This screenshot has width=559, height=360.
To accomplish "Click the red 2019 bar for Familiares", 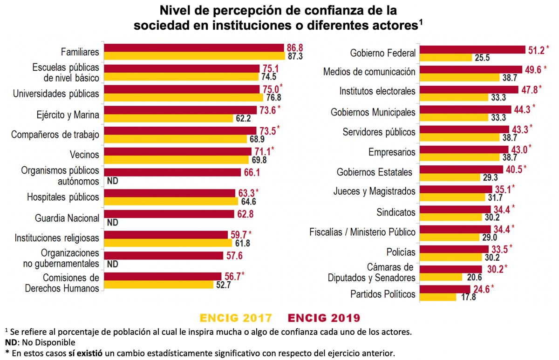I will (x=194, y=48).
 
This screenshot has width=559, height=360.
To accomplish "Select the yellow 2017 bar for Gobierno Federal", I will (x=446, y=58).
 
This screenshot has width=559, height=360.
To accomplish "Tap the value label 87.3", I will (x=294, y=56).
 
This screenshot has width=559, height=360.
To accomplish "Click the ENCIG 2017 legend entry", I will (x=236, y=318).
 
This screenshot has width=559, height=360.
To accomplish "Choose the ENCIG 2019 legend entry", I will (x=324, y=318).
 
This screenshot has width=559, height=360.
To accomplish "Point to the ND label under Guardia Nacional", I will (x=112, y=223).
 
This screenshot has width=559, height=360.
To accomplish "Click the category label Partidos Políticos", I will (x=382, y=294).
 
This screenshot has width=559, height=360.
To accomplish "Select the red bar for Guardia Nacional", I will (x=169, y=214).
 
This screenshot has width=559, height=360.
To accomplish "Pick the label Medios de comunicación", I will (x=369, y=72).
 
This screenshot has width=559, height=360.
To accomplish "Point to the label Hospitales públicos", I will (x=63, y=197).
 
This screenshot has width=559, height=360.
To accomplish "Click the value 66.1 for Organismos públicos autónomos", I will (x=252, y=173).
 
